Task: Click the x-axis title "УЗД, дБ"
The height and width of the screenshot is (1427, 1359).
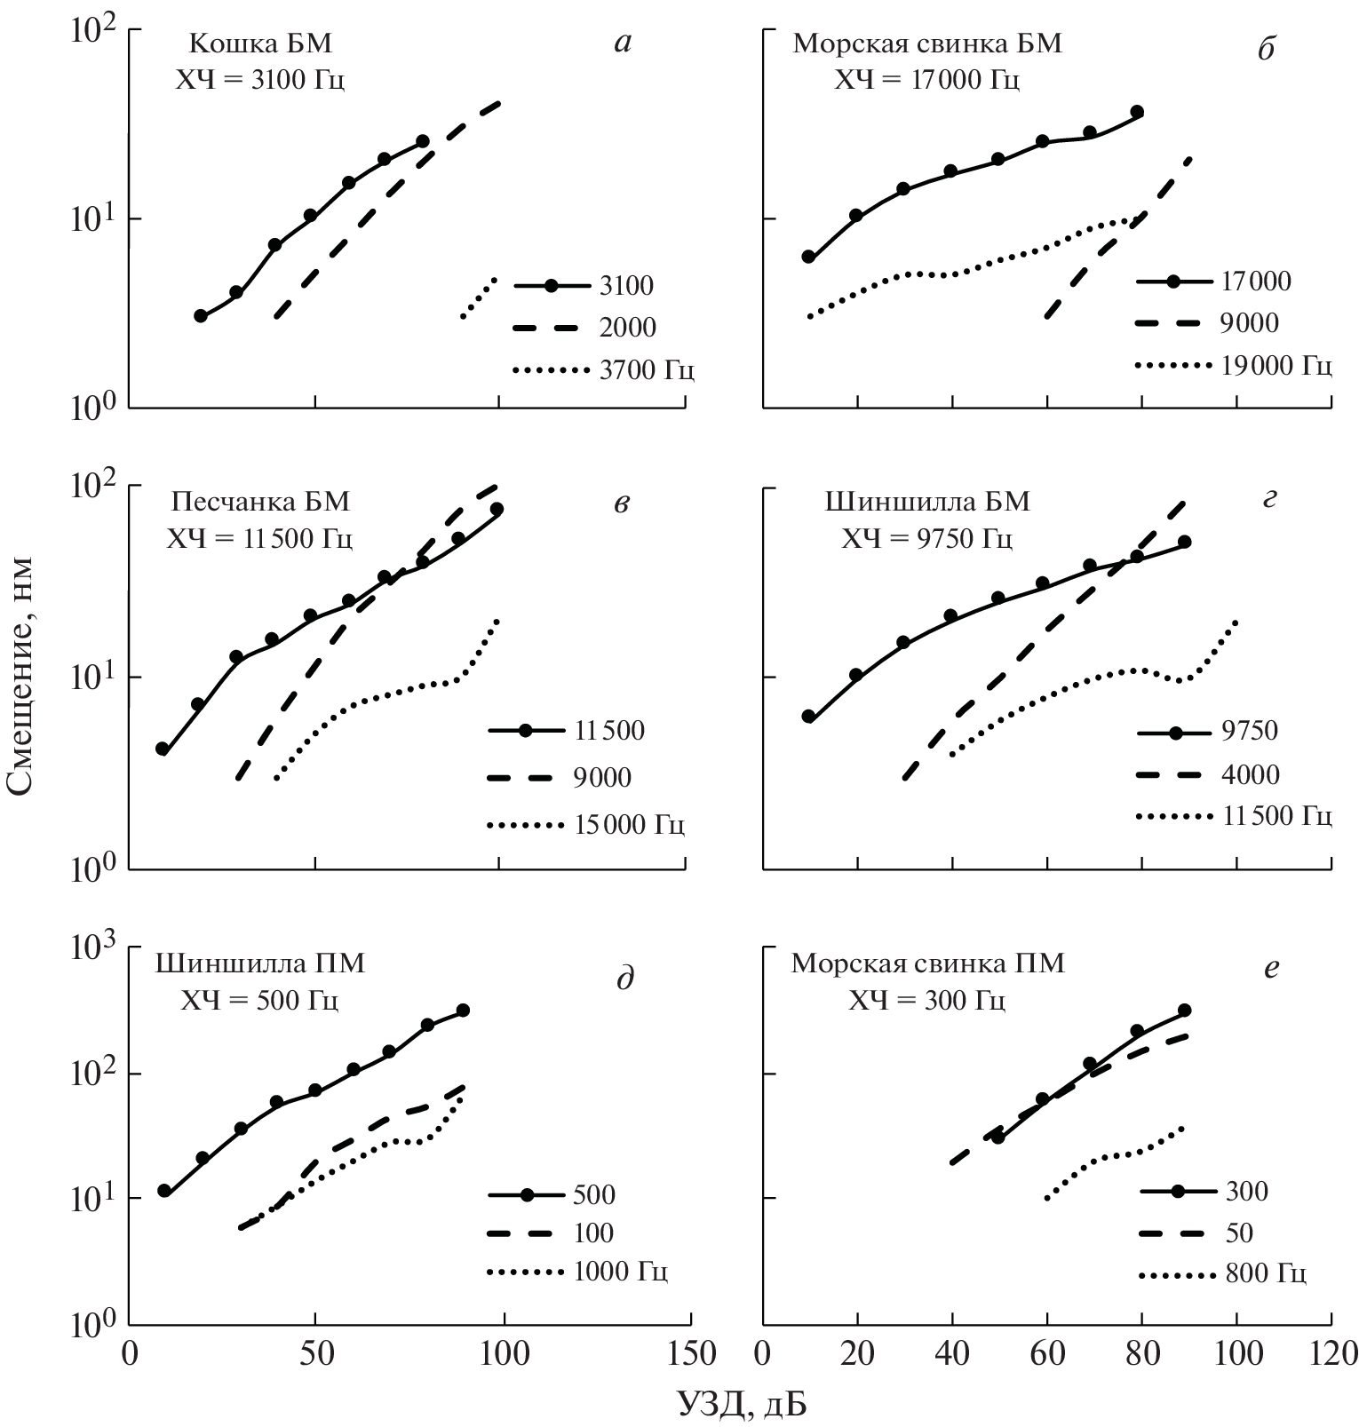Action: click(743, 1402)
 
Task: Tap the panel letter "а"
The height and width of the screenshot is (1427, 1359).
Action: click(623, 43)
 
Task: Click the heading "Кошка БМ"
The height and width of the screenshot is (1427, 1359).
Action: click(261, 44)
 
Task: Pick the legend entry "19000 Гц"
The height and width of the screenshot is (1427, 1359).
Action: click(1277, 365)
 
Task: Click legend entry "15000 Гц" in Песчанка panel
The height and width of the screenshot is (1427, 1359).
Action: click(630, 825)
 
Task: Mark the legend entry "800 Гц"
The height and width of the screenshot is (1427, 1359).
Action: click(1265, 1275)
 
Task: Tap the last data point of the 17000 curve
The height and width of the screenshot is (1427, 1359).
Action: click(1136, 112)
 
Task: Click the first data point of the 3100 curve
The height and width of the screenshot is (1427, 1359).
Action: click(201, 315)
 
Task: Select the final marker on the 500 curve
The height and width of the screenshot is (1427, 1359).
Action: click(462, 1011)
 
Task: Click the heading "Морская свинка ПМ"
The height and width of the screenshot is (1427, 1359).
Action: click(927, 963)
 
